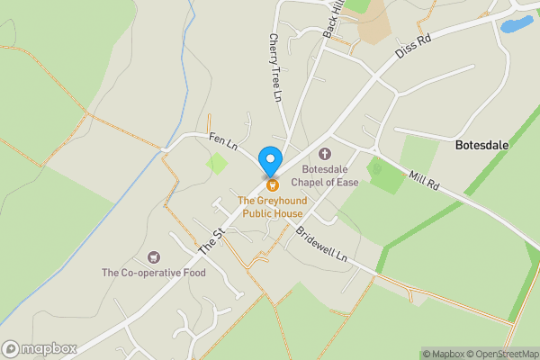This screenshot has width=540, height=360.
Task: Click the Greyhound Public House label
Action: coord(270,206)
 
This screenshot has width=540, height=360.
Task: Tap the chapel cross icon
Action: coord(325,154)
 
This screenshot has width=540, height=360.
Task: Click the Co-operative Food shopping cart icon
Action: coord(153,257)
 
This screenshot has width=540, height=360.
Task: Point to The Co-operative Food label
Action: coord(153,273)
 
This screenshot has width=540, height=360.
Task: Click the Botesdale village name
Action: coord(483,144)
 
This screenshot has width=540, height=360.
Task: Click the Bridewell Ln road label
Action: coord(321,244)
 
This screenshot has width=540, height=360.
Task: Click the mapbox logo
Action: coord(40,349)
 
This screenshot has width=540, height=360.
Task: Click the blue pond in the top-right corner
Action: coord(517,24)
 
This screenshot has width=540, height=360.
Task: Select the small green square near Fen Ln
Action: coord(216,164)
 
